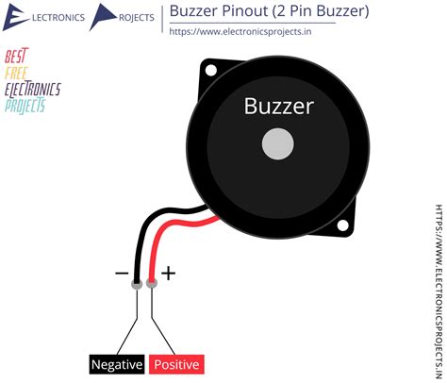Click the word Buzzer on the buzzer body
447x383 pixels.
pos(278,106)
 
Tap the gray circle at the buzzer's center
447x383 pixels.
pos(277,144)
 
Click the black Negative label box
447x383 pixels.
pos(117,364)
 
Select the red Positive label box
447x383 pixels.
pos(176,364)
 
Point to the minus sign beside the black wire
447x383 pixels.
pos(122,274)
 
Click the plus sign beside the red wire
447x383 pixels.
pos(168,274)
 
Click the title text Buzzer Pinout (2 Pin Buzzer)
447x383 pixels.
pos(269,12)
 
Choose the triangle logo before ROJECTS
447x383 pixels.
pos(105,17)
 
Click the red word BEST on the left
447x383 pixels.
pos(16,57)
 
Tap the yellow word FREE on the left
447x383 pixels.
pos(16,73)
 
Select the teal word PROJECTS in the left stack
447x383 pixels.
pos(25,106)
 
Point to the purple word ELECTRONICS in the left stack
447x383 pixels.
pos(32,90)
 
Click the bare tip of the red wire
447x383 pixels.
pos(152,282)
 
